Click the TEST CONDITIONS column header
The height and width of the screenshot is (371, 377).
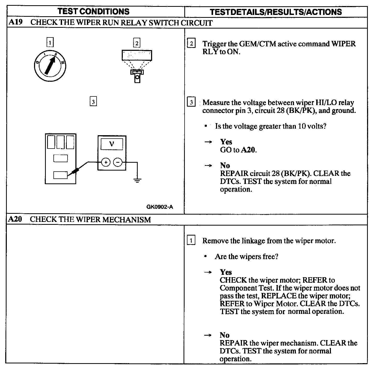pos(93,12)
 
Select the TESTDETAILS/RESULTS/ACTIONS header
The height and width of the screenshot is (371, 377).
pos(276,12)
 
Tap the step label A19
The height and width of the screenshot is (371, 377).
pos(15,22)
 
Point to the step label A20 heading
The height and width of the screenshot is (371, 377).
pos(15,219)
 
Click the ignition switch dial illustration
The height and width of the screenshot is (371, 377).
pos(50,65)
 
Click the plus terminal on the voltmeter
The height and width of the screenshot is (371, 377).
pos(106,162)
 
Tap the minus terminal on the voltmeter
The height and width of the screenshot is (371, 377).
pos(118,162)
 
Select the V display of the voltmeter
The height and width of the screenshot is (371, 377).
pos(112,144)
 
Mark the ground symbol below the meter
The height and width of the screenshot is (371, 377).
pos(137,180)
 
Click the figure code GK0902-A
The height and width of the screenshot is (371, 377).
pos(160,207)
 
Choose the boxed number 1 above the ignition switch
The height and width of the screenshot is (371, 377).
pos(50,42)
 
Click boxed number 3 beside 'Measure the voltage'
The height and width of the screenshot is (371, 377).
pos(191,102)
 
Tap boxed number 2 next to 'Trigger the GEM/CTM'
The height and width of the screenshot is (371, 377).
pos(191,43)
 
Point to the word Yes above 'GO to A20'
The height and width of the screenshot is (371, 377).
pos(226,142)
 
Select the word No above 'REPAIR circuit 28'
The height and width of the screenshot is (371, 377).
pos(225,165)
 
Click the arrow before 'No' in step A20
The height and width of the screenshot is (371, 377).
pos(208,335)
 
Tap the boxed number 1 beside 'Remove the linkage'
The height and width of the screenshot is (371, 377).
pos(191,240)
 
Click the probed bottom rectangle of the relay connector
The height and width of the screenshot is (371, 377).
pos(60,175)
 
